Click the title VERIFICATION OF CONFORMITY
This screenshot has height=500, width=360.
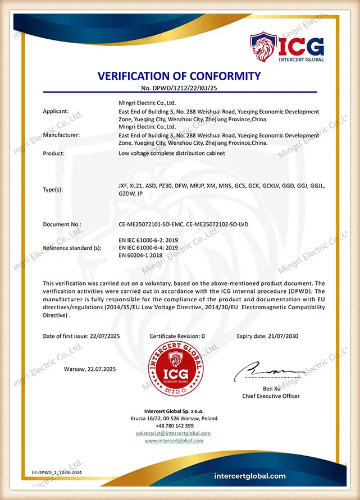pyautogui.click(x=180, y=76)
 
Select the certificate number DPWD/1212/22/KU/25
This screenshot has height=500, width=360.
pyautogui.click(x=184, y=89)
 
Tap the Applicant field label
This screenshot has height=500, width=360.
pyautogui.click(x=56, y=112)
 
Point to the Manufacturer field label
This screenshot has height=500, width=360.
pyautogui.click(x=61, y=135)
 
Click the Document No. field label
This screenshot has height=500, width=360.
pyautogui.click(x=62, y=224)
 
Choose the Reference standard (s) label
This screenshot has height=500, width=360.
pyautogui.click(x=72, y=247)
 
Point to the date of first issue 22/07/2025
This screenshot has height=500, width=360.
pyautogui.click(x=105, y=336)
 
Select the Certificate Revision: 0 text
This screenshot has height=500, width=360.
pyautogui.click(x=177, y=336)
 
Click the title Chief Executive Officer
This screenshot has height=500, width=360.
pyautogui.click(x=271, y=396)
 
